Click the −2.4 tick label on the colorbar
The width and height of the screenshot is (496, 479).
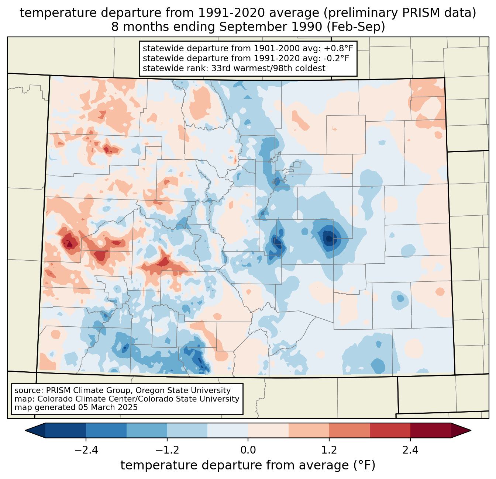86,450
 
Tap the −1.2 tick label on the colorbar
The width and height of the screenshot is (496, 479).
167,450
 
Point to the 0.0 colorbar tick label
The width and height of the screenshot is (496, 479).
248,450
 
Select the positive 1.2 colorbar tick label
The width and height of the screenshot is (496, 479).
329,450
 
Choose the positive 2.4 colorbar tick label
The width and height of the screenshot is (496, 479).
410,450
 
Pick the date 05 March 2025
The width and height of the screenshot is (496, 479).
108,407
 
